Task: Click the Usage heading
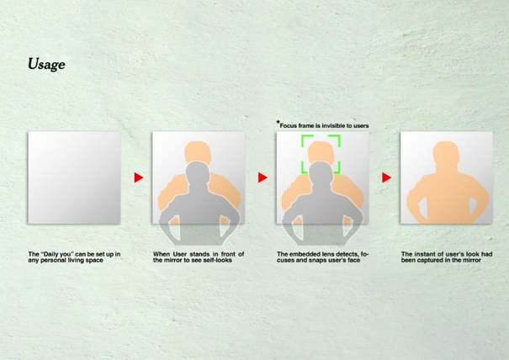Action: pos(46,64)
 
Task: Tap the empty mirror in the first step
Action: pos(74,177)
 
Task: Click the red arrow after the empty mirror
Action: pos(139,177)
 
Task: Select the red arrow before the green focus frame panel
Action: pos(262,177)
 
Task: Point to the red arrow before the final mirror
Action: pos(387,177)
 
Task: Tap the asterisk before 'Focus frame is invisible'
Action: pos(278,122)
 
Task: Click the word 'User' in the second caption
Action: pos(179,254)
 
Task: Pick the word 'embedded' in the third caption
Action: pos(304,254)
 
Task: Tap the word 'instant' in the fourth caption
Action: pos(422,254)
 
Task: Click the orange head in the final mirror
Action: pos(446,152)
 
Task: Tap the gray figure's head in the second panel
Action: pos(198,172)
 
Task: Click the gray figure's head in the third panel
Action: pos(321,172)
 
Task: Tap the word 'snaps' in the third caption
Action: pos(321,261)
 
